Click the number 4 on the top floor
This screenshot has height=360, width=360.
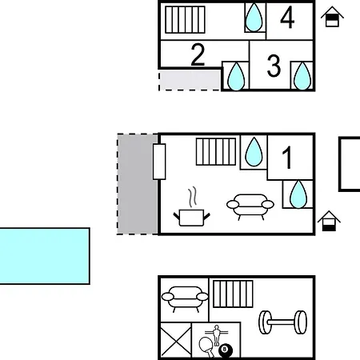click(287, 18)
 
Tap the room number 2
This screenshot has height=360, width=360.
click(198, 54)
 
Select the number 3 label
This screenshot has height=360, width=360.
click(274, 66)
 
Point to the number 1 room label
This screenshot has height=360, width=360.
click(287, 158)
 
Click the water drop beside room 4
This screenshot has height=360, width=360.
click(254, 18)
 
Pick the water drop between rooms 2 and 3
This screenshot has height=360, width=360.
click(236, 77)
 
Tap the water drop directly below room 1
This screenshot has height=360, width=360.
click(298, 194)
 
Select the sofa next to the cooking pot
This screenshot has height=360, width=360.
click(250, 206)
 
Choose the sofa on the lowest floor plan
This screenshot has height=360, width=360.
click(185, 299)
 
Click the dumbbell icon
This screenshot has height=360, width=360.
click(283, 322)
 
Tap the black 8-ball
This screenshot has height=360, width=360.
click(226, 350)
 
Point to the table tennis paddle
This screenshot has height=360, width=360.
click(207, 346)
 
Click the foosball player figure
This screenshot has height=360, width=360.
click(217, 334)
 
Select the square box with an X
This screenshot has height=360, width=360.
click(176, 340)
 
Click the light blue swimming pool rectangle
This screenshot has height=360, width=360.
click(45, 256)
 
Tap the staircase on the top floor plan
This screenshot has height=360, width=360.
click(185, 20)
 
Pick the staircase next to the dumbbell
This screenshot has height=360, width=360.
click(233, 294)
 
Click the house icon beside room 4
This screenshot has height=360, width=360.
click(332, 17)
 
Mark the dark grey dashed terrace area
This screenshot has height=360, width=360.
click(138, 184)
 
